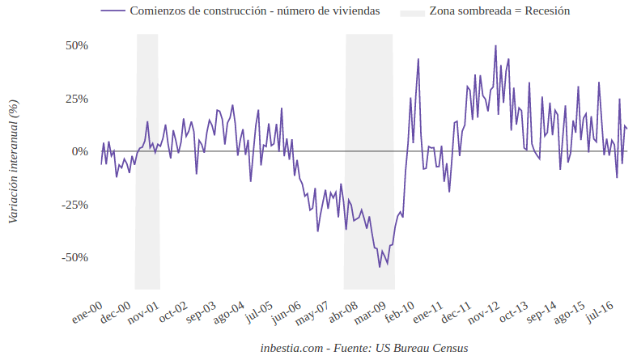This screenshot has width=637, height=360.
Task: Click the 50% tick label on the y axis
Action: point(77,45)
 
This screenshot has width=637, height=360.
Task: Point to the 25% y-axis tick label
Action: point(77,99)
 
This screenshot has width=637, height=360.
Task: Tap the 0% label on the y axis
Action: point(79,151)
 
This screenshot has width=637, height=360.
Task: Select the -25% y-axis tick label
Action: point(74,205)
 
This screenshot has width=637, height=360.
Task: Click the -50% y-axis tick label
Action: point(74,257)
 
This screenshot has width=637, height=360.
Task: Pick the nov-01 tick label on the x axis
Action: point(142,313)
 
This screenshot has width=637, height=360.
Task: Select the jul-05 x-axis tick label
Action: point(258,311)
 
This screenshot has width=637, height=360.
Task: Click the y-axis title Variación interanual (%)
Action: point(13,160)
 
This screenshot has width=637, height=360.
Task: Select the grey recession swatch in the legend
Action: point(413,12)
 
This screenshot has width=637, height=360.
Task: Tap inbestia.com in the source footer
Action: point(290,348)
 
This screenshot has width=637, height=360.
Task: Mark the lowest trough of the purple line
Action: point(379,267)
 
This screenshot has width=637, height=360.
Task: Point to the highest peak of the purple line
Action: point(495,46)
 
